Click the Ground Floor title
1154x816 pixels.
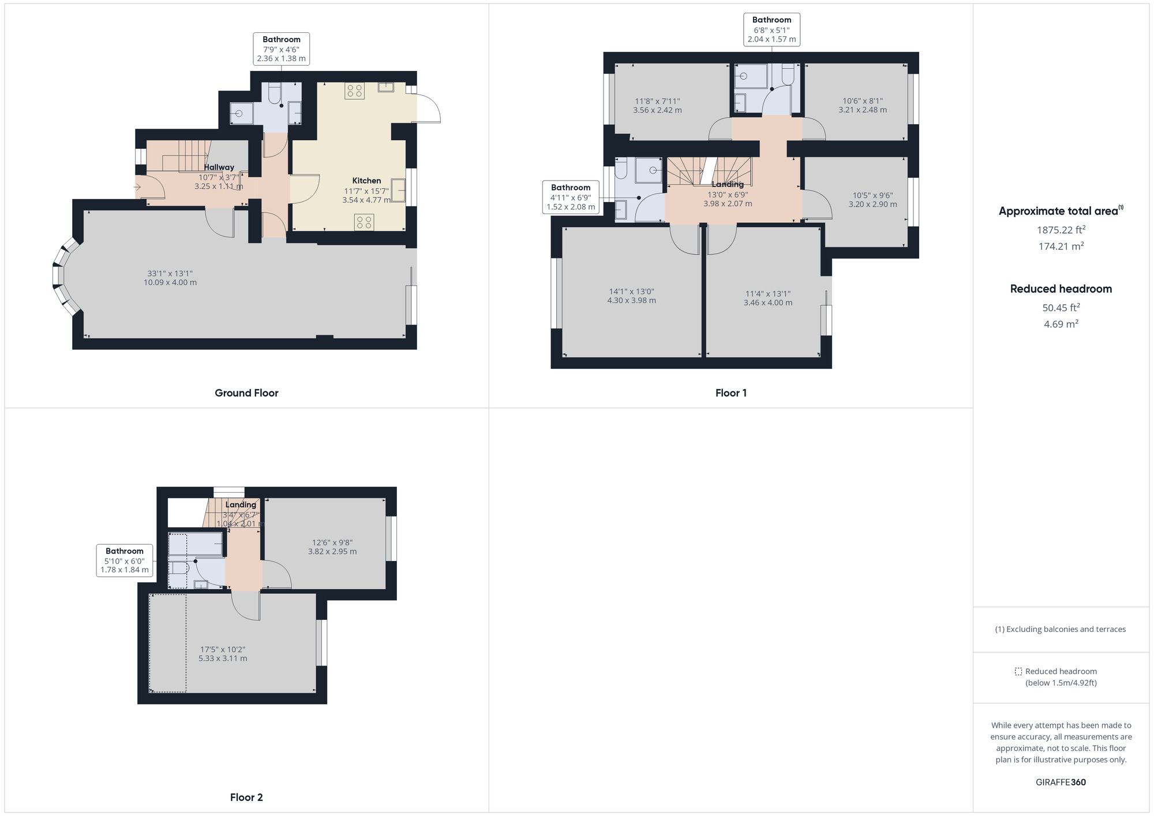click(246, 393)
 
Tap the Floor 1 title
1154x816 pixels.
click(731, 393)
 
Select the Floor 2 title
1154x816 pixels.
click(246, 798)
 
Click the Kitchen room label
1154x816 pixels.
click(366, 181)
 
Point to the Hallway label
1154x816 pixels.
click(219, 167)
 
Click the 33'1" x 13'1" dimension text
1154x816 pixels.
click(170, 274)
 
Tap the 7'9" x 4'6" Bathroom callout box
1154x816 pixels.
click(282, 49)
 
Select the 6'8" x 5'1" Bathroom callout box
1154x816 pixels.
click(772, 29)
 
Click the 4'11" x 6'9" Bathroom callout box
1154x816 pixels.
click(571, 197)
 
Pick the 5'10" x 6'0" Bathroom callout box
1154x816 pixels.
click(125, 560)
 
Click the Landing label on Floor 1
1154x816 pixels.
click(728, 185)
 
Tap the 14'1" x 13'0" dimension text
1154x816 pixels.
click(632, 291)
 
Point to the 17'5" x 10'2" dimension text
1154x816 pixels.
click(223, 649)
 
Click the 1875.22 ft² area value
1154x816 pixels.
click(1061, 230)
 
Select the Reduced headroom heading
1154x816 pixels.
click(1061, 289)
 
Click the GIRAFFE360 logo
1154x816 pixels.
click(1061, 783)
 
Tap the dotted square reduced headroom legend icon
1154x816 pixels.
click(1018, 672)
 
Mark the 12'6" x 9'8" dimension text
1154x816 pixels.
click(332, 542)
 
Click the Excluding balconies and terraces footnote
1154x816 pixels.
click(1061, 630)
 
